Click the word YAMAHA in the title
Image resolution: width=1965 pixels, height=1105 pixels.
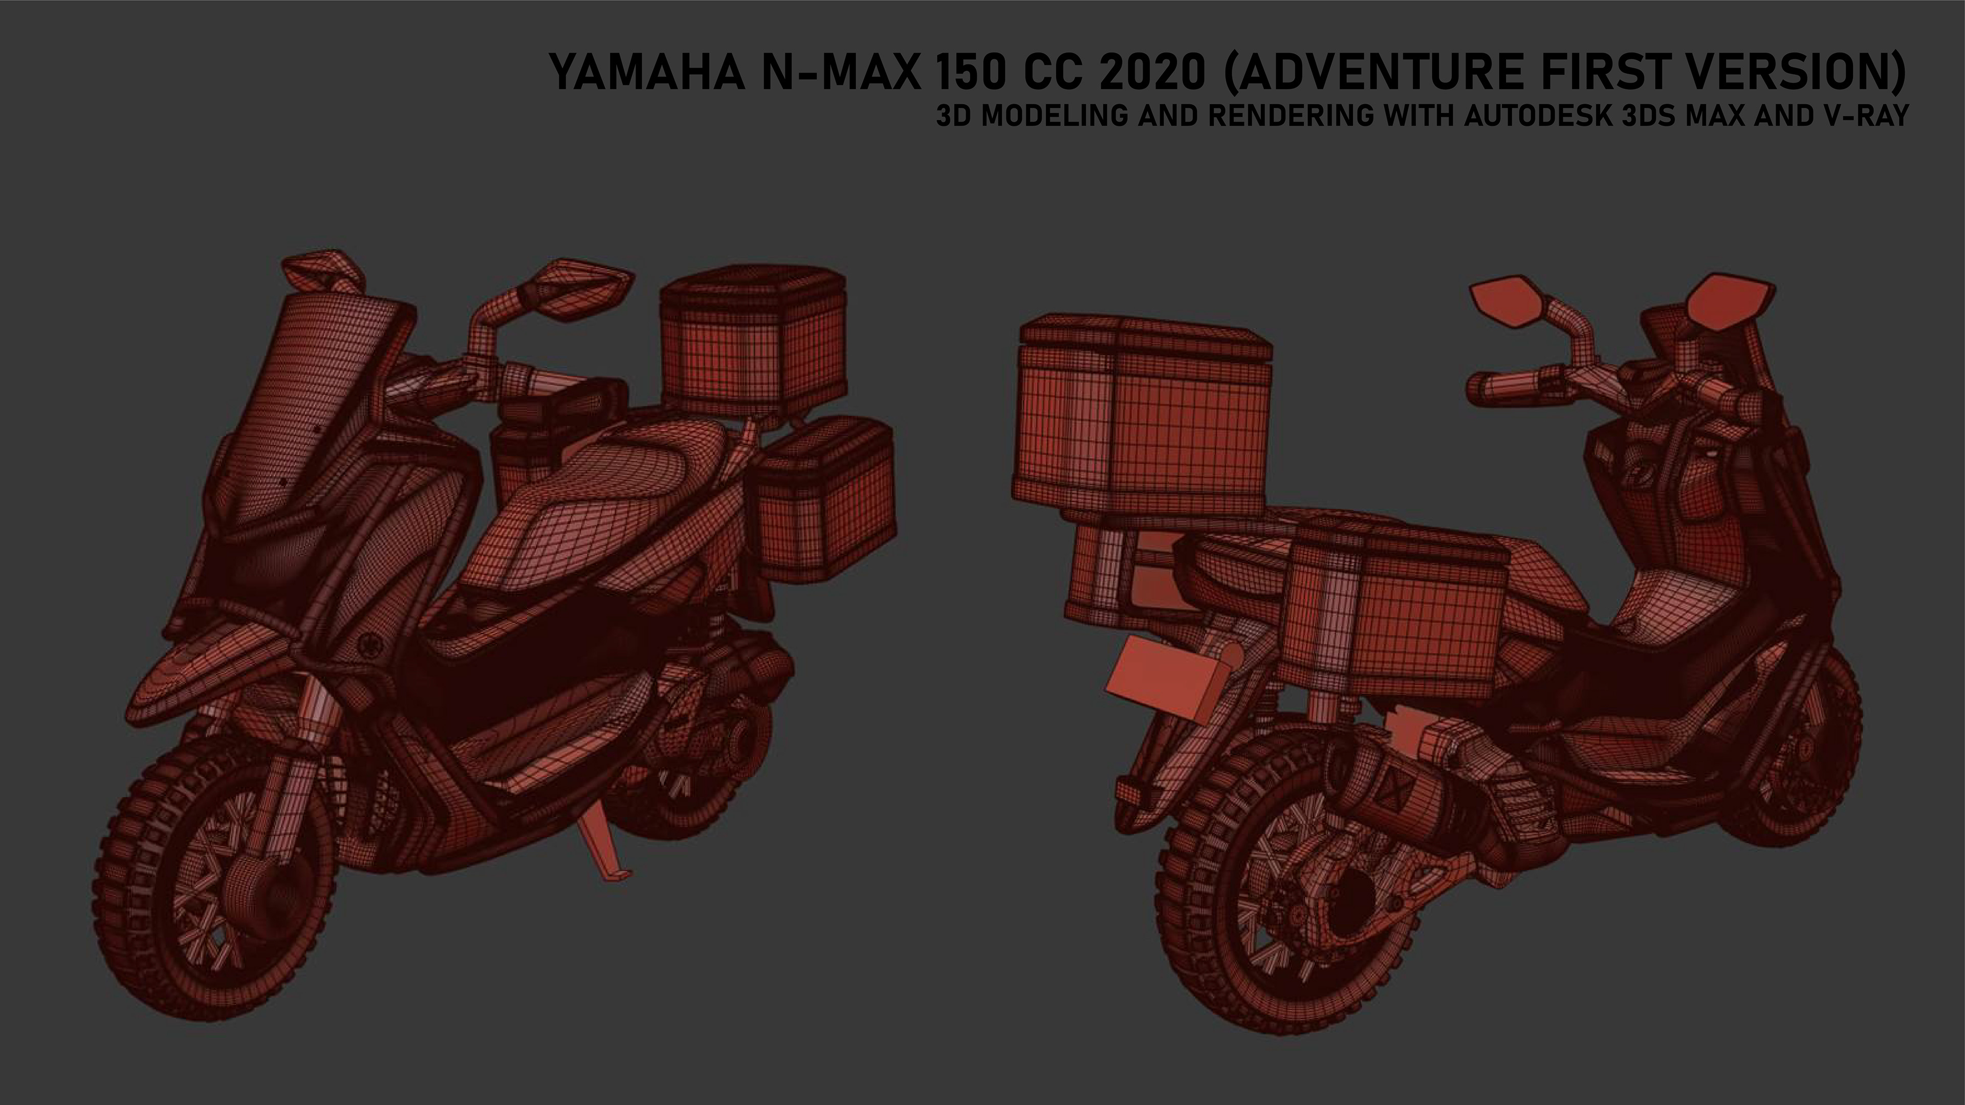coord(647,73)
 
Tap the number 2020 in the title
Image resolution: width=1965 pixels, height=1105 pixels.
coord(1153,73)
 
